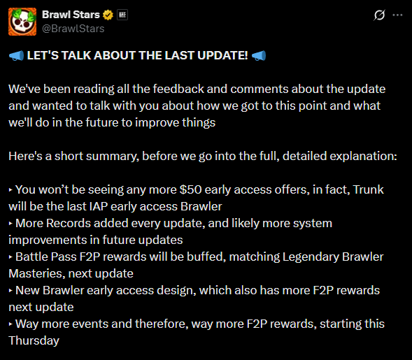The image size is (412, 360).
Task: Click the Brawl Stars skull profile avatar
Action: click(x=22, y=22)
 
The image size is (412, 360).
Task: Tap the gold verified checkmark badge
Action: click(x=108, y=15)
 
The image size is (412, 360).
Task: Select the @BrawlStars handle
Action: click(x=73, y=29)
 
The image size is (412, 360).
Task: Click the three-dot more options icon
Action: click(x=397, y=15)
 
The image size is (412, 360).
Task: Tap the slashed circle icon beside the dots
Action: click(x=379, y=15)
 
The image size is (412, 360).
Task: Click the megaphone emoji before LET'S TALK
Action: click(x=16, y=56)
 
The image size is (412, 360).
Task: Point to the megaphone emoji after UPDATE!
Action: click(x=259, y=56)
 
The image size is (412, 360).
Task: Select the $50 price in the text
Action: click(x=190, y=189)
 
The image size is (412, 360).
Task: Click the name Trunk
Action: click(x=368, y=189)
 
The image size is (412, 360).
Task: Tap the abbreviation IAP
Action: click(x=99, y=206)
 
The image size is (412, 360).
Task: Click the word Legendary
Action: click(x=311, y=257)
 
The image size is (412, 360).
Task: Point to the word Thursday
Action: click(x=34, y=341)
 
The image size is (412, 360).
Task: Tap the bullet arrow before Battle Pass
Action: click(x=10, y=257)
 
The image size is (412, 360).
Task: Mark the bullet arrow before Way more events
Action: click(x=10, y=324)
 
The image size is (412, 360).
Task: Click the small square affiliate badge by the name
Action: click(x=122, y=15)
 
